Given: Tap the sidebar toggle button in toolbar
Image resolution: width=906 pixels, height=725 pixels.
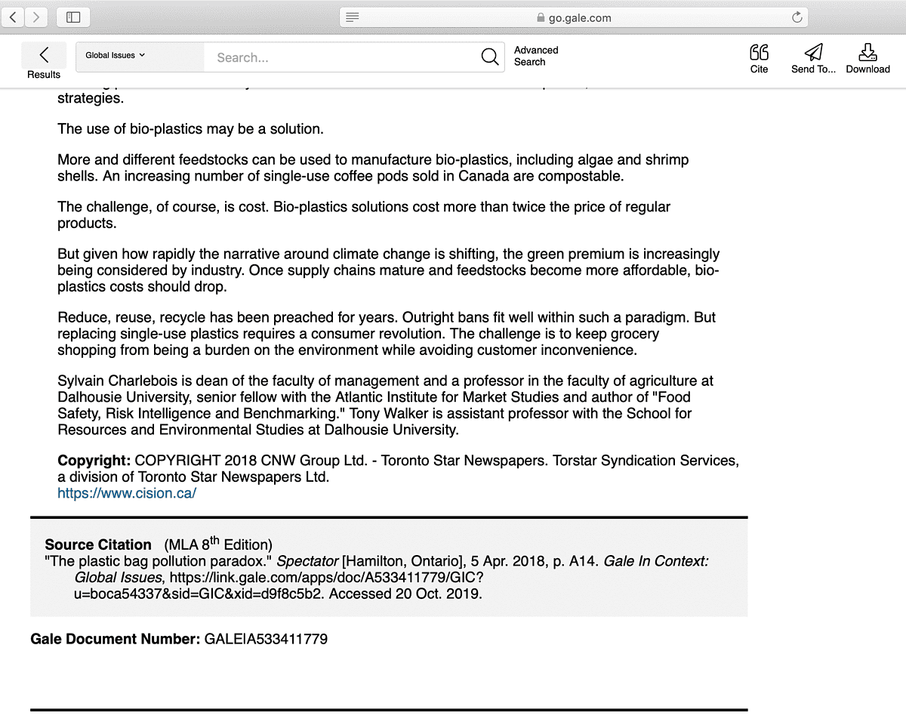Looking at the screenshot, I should tap(73, 17).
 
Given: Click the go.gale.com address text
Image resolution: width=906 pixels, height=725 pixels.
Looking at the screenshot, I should tap(579, 17).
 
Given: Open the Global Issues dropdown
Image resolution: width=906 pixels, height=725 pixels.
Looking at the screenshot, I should tap(116, 55).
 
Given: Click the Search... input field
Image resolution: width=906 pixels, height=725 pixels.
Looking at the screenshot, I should tap(340, 57).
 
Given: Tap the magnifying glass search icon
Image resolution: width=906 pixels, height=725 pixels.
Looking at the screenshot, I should tap(489, 57).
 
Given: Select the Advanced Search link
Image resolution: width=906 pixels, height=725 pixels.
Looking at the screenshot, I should tap(536, 56).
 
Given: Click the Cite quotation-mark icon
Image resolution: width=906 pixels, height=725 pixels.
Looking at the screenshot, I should tap(759, 52).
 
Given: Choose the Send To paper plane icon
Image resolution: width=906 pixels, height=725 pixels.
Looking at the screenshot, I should tap(813, 52).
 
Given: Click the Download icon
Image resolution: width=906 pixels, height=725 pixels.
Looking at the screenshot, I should tap(867, 52).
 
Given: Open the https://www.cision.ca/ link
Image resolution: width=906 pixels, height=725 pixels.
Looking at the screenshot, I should tap(127, 493).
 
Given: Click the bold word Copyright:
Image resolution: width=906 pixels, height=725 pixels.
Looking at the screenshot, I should tap(94, 461).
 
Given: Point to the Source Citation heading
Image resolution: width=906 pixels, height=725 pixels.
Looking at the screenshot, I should tap(98, 545).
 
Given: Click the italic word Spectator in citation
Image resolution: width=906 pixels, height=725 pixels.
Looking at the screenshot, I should tap(307, 561).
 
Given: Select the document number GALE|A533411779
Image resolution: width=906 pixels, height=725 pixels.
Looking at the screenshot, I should tap(266, 639).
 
